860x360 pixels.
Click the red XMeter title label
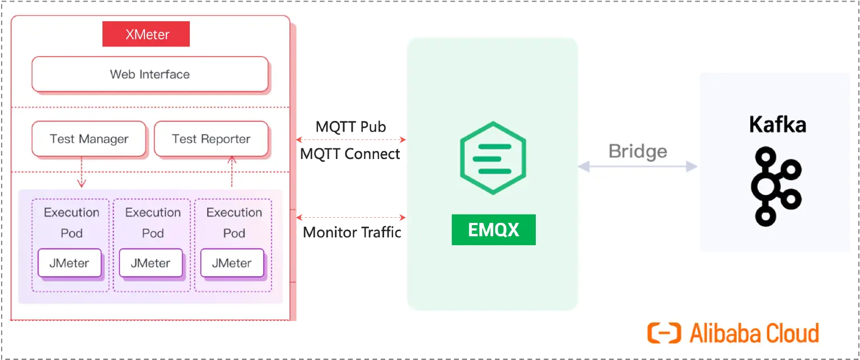pos(146,34)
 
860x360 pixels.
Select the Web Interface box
pos(150,74)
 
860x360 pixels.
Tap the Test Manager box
pos(89,139)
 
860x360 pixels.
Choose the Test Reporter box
pos(211,139)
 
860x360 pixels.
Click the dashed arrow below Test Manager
pos(82,172)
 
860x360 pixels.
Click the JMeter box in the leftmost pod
pos(69,263)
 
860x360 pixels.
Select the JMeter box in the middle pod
pos(151,263)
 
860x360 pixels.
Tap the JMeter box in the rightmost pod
pos(232,263)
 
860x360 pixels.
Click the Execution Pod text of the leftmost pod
pos(72,222)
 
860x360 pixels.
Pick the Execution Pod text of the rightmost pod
pos(234,222)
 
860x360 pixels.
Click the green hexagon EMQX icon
pos(492,157)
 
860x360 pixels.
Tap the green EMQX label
pos(493,230)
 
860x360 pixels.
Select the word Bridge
pos(638,151)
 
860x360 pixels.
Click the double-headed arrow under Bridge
pos(637,166)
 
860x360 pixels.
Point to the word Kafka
pos(777,124)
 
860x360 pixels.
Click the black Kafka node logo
pos(777,185)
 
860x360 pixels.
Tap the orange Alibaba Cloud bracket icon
pos(664,333)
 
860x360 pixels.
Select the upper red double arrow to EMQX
pos(351,138)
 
